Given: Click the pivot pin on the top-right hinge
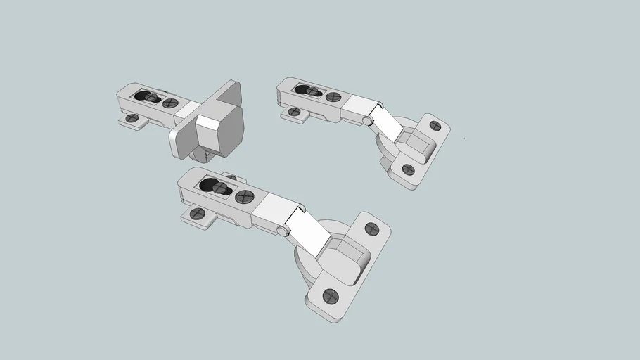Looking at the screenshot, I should tap(367, 121).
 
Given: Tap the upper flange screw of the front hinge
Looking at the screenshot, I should tap(373, 229).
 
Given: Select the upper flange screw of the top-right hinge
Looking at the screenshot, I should tap(435, 126).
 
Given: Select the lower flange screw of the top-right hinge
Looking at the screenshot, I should tap(408, 169).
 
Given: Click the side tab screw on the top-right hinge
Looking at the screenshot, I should tap(294, 111).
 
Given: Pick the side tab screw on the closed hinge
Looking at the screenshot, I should tap(131, 118).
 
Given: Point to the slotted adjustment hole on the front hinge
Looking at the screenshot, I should tap(215, 186).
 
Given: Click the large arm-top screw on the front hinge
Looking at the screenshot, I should tap(244, 197).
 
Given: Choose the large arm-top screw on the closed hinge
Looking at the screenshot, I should tap(169, 103).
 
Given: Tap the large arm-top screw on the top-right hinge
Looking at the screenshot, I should tap(334, 97).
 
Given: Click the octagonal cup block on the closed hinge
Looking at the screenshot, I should tap(219, 131).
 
